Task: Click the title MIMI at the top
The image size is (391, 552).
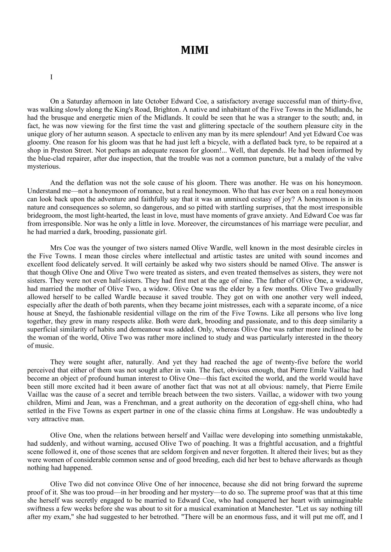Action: click(x=195, y=50)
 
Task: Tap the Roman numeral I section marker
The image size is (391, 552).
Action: click(x=51, y=77)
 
